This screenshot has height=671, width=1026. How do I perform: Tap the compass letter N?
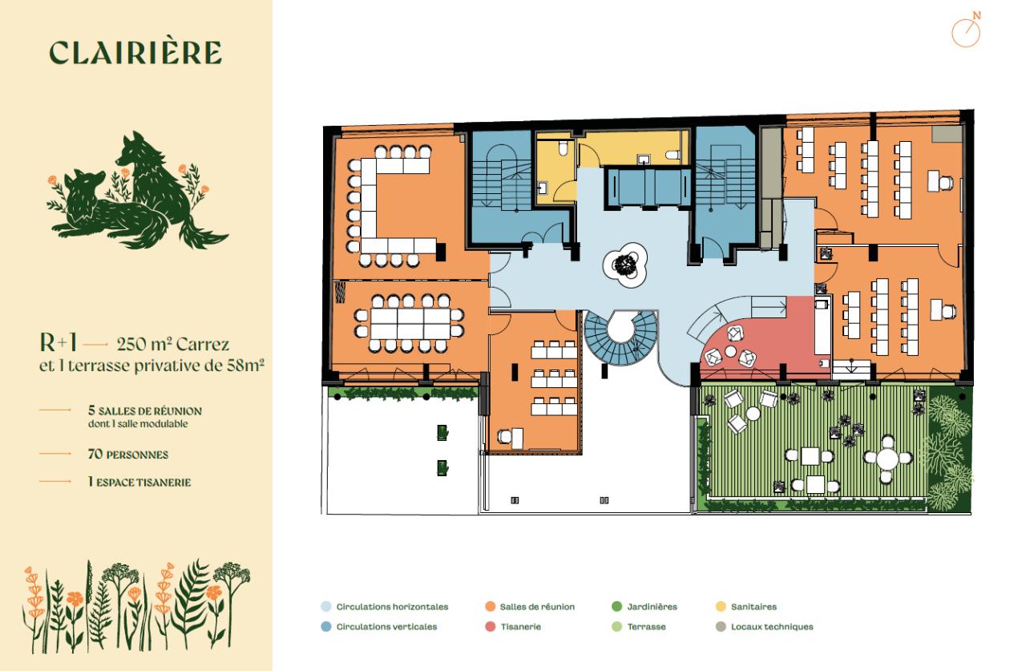[x=977, y=15]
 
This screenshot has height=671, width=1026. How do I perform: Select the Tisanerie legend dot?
[x=490, y=627]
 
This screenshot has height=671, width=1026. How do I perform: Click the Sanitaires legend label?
[x=753, y=607]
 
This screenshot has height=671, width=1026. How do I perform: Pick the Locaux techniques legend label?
[x=772, y=627]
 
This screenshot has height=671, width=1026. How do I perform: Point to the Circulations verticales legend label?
[x=386, y=627]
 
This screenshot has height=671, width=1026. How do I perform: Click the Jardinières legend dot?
[x=617, y=606]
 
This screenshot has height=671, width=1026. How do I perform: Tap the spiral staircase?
[x=620, y=338]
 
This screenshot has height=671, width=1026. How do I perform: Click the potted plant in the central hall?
[x=624, y=265]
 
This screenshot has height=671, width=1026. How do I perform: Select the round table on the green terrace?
[x=887, y=458]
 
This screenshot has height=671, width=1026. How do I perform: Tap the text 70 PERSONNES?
[x=127, y=455]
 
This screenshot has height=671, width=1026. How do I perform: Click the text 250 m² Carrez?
[x=172, y=344]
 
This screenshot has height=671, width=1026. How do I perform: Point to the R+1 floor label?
[x=59, y=342]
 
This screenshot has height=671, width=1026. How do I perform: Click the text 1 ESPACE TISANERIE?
[x=139, y=482]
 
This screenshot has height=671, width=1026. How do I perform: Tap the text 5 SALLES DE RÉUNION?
[x=145, y=410]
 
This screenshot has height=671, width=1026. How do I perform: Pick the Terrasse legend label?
[x=646, y=627]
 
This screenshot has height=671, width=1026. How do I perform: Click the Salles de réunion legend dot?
[x=490, y=606]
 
